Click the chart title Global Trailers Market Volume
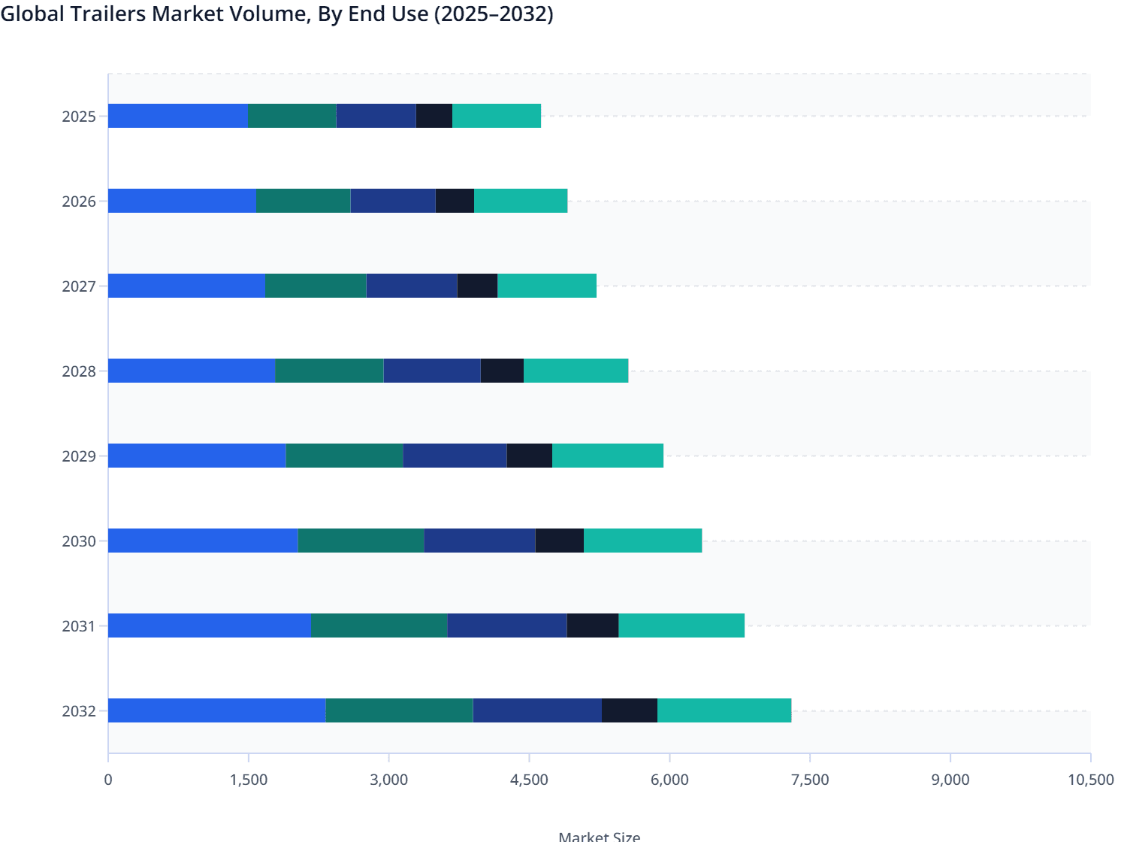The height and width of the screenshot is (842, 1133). (276, 14)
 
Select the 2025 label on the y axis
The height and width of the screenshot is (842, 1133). (79, 117)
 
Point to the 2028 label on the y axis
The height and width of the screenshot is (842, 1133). (79, 371)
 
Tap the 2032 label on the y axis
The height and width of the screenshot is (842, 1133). (79, 711)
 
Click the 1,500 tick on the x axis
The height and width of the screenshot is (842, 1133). (249, 780)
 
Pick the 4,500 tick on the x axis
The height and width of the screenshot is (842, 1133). (529, 780)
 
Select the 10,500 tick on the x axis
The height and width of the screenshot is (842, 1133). (1090, 780)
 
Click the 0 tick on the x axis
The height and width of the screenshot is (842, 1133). (108, 780)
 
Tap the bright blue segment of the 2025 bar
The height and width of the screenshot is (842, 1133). (178, 116)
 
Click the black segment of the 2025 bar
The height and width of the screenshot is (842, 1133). (434, 116)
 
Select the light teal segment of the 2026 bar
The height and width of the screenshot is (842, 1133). (521, 201)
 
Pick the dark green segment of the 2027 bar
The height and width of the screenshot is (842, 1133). (316, 286)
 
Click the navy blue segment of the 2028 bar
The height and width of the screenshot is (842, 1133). (432, 371)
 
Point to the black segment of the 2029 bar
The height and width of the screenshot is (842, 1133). (530, 456)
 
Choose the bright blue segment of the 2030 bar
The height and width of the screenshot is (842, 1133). (203, 541)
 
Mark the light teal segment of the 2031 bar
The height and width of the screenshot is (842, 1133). (681, 625)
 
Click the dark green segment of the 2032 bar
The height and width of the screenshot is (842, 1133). (399, 710)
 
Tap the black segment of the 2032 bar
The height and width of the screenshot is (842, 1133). (630, 710)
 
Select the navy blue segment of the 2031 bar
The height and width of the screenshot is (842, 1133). (507, 625)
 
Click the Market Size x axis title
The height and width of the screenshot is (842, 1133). (599, 836)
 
